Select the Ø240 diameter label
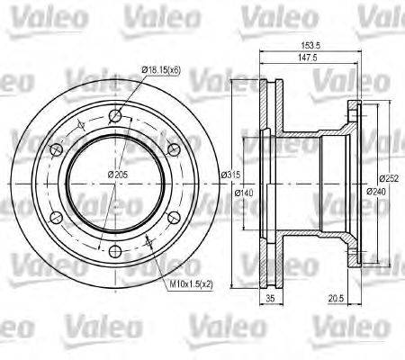[x=377, y=191]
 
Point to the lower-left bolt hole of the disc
[x=54, y=216]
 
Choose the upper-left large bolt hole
[x=54, y=148]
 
